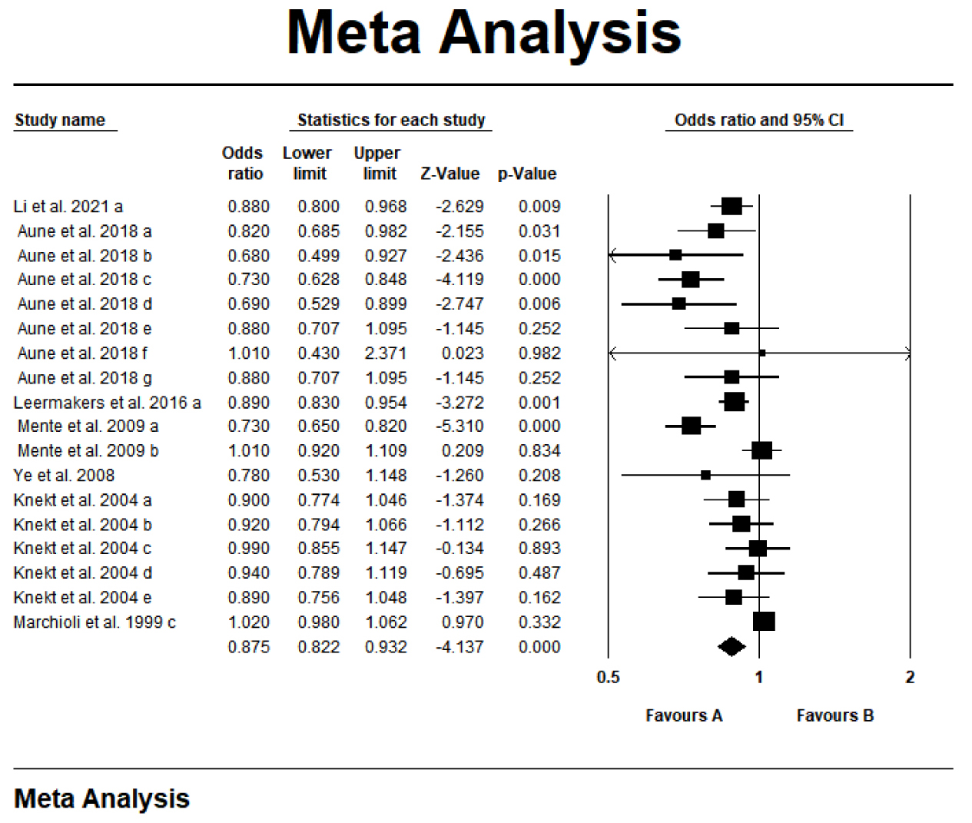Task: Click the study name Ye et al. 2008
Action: point(64,476)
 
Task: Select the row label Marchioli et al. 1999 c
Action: point(95,622)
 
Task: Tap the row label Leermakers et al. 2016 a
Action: point(107,403)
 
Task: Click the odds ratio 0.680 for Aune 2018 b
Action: point(248,256)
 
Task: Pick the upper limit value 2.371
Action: point(386,353)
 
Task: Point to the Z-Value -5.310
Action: point(459,426)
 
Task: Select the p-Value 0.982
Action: point(539,353)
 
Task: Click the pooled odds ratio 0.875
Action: point(248,647)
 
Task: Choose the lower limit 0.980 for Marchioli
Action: point(318,622)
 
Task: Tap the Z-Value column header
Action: point(450,174)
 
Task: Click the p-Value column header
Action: point(527,174)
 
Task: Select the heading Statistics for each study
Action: point(391,120)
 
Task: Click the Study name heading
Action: point(60,120)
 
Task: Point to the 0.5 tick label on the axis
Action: point(608,677)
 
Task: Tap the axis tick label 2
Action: point(910,677)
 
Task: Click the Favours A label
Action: point(684,715)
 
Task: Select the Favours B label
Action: point(835,715)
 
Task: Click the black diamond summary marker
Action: point(731,647)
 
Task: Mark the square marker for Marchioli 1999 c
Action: point(764,621)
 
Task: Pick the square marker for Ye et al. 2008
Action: point(705,476)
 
